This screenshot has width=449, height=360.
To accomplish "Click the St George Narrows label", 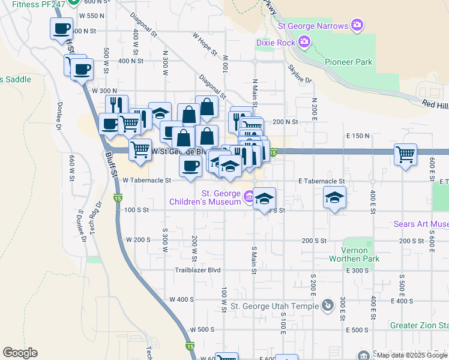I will click(x=313, y=26).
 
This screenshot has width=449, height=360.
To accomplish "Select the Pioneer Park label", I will click(x=348, y=62).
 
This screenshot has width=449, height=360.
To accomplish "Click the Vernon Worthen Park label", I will click(x=354, y=254).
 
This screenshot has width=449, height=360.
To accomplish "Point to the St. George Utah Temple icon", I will click(x=327, y=306).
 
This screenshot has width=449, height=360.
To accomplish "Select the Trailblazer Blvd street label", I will click(x=198, y=270).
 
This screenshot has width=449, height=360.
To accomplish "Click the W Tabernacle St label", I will click(x=147, y=179).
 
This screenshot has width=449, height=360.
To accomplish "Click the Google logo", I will click(x=20, y=353).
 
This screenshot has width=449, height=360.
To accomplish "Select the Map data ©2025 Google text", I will click(x=412, y=355).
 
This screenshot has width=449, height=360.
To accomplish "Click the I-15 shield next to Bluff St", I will click(x=117, y=197).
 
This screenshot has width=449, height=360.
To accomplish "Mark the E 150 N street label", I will click(x=358, y=136).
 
